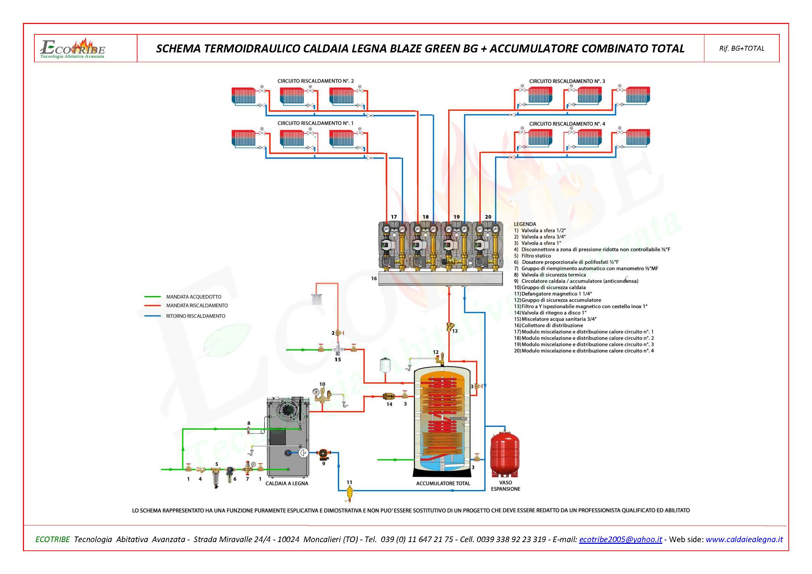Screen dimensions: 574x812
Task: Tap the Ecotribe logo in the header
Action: (x=73, y=49)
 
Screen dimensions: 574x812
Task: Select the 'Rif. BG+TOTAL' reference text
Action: (x=742, y=49)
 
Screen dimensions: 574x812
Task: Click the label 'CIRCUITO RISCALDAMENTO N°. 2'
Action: (x=316, y=81)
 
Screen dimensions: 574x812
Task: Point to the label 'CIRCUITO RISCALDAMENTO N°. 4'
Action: (x=567, y=124)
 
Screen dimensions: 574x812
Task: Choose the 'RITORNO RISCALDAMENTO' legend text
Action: (x=195, y=316)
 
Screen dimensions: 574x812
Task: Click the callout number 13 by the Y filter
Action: (x=455, y=331)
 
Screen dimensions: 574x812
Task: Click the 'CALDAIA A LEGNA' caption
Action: (x=286, y=483)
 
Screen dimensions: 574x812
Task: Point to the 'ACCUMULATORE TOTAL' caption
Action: (x=443, y=483)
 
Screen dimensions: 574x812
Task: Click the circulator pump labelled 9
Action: (x=323, y=454)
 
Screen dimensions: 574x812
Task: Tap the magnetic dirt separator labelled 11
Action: (x=350, y=491)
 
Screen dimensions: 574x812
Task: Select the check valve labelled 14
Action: (x=389, y=396)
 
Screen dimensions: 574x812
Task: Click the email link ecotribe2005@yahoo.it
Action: (x=620, y=539)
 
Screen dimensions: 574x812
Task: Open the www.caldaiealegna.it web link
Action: (x=744, y=539)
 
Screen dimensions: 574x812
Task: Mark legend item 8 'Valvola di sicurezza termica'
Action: (x=553, y=275)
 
